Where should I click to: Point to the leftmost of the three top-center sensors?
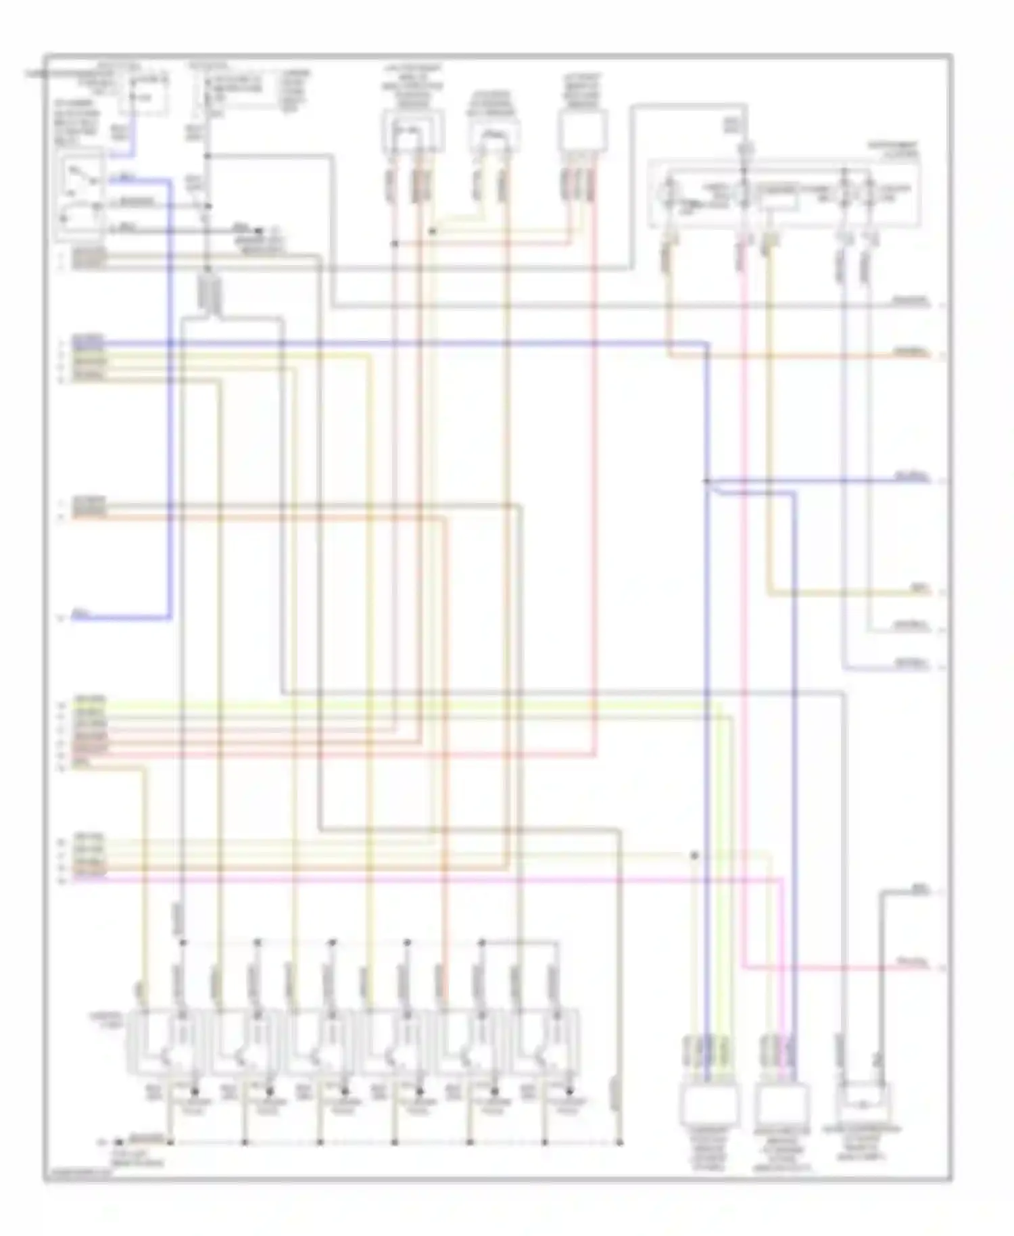click(x=413, y=132)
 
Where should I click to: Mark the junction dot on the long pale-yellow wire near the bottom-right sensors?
click(x=694, y=855)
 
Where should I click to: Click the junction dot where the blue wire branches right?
click(x=706, y=481)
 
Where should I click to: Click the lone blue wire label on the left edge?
click(x=80, y=614)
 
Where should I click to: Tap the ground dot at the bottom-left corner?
click(x=116, y=1142)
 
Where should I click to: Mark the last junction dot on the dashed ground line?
click(x=619, y=1143)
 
